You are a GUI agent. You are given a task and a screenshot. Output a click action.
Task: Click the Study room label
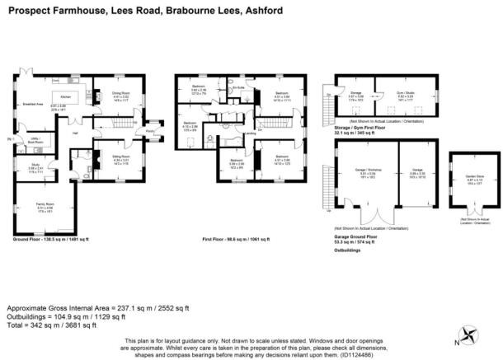tap(26, 164)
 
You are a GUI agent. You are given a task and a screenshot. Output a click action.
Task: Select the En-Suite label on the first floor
tap(239, 87)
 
